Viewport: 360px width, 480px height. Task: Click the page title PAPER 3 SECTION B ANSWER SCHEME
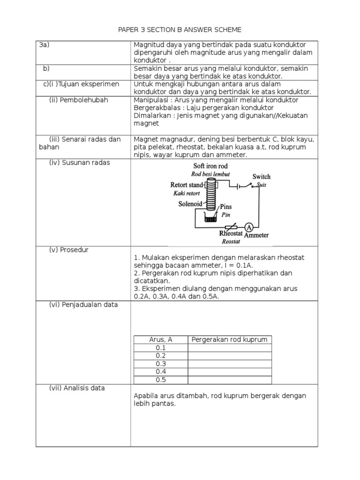(180, 30)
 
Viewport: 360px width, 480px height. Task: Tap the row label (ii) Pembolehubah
(75, 100)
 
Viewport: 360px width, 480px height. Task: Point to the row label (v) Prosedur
(69, 250)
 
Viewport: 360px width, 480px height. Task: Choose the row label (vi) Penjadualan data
(83, 305)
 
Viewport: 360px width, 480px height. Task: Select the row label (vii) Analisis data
(77, 388)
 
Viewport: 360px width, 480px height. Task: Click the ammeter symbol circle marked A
(249, 227)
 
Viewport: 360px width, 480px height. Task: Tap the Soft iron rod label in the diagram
(211, 166)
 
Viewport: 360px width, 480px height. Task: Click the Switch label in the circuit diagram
(261, 177)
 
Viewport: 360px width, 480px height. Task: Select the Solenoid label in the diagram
(190, 204)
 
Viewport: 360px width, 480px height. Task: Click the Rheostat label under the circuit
(231, 233)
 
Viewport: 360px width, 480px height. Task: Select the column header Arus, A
(161, 339)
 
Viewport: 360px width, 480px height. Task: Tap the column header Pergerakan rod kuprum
(230, 339)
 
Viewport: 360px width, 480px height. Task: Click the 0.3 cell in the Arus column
(161, 364)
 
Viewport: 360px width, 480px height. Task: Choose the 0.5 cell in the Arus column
(161, 380)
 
